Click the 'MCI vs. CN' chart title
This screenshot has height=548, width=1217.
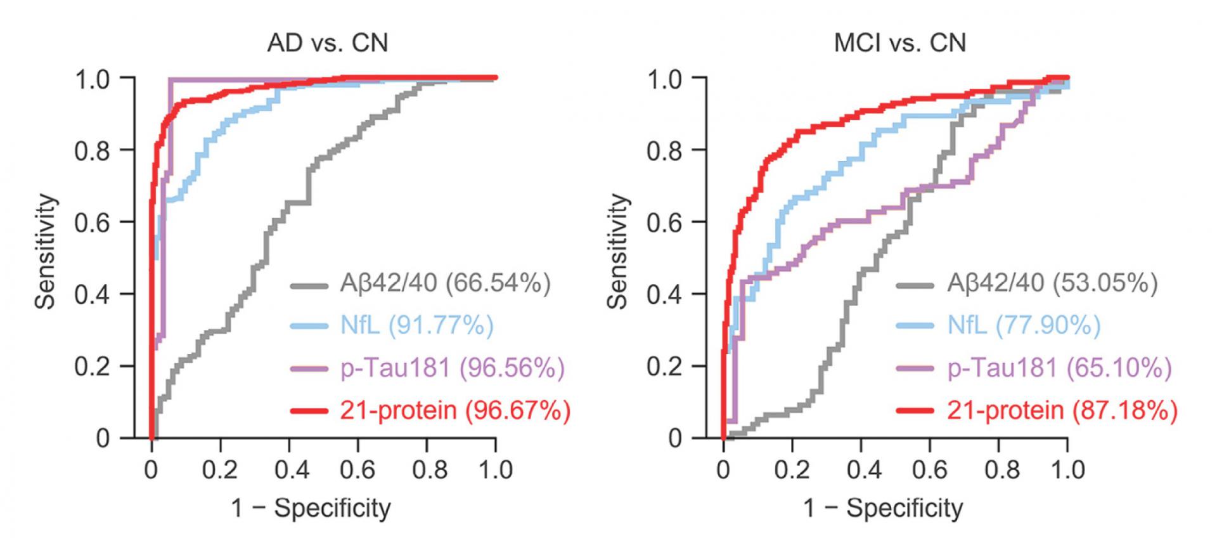coord(900,43)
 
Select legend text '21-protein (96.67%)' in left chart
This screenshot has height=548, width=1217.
coord(455,410)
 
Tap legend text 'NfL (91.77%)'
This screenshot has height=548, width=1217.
coord(416,325)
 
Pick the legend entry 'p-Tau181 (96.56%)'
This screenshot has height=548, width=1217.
coord(452,368)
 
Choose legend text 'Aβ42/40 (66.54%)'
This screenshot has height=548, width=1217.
coord(445,283)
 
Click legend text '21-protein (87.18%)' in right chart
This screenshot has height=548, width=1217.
coord(1062,410)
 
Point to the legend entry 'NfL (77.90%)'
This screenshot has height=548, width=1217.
coord(1024,325)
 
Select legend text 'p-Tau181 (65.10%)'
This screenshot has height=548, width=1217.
coord(1059,368)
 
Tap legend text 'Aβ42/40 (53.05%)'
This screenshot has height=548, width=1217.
coord(1052,283)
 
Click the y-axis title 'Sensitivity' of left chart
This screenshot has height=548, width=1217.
coord(46,252)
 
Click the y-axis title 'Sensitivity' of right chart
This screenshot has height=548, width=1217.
coord(619,252)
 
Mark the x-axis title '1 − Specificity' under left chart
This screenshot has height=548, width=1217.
coord(311,508)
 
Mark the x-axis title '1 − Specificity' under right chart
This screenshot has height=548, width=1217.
coord(884,508)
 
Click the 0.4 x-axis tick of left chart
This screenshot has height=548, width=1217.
coord(289,470)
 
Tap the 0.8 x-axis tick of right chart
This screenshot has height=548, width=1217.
coord(999,470)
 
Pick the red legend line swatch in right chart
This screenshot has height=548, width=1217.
coord(915,412)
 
